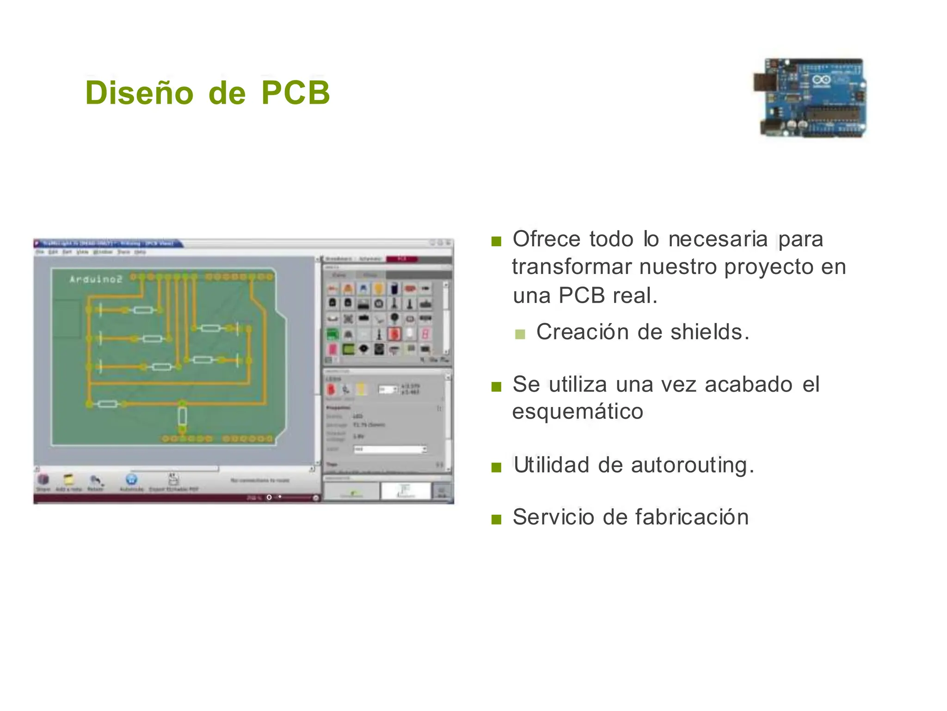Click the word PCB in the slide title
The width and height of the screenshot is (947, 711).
pos(295,93)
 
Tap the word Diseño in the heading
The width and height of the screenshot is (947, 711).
pos(139,93)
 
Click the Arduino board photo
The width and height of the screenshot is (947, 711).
pos(810,98)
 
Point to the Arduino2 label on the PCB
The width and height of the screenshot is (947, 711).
pos(96,279)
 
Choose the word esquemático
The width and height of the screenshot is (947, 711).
pos(578,411)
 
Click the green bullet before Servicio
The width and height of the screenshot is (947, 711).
pos(496,519)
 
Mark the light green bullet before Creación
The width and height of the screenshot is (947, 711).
pos(520,334)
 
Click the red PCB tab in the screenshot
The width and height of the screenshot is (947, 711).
pos(402,259)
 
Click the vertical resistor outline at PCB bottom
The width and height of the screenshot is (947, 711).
pos(182,416)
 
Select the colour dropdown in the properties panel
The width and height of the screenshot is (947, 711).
pos(390,449)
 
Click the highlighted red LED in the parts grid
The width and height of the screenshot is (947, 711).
pos(394,334)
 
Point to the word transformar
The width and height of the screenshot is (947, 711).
pos(572,267)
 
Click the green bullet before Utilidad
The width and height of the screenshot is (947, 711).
pos(496,467)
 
